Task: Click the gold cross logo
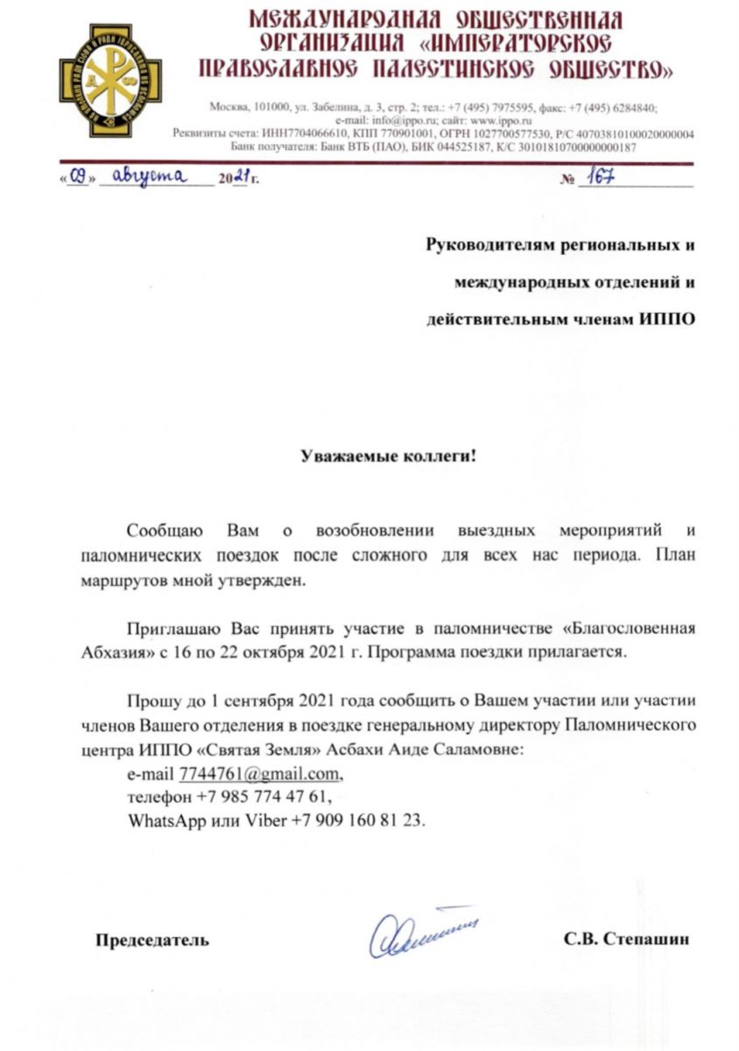[99, 81]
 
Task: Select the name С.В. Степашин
[627, 940]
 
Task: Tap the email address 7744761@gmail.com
[259, 773]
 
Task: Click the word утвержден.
[269, 580]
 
